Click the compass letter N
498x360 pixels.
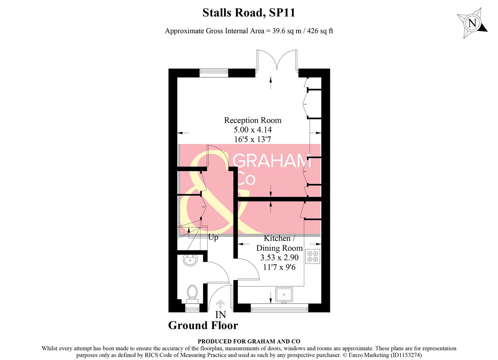coord(472,23)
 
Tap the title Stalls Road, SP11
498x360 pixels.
coord(249,13)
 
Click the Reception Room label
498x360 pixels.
coord(253,120)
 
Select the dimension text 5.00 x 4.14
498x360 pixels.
coord(253,130)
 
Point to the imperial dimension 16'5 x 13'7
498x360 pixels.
coord(253,139)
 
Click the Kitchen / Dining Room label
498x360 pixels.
coord(279,243)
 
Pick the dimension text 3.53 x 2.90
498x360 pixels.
coord(279,257)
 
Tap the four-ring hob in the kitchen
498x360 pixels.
coord(313,256)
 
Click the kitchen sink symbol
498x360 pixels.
coord(284,295)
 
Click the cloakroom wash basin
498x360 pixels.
coord(190,260)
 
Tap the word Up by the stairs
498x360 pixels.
coord(213,237)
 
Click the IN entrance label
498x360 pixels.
coord(220,315)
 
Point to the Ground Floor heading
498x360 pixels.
coord(203,325)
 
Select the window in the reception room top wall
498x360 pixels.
coord(214,72)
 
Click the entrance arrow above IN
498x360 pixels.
coord(220,304)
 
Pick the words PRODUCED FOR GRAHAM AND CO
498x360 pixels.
coord(249,341)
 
